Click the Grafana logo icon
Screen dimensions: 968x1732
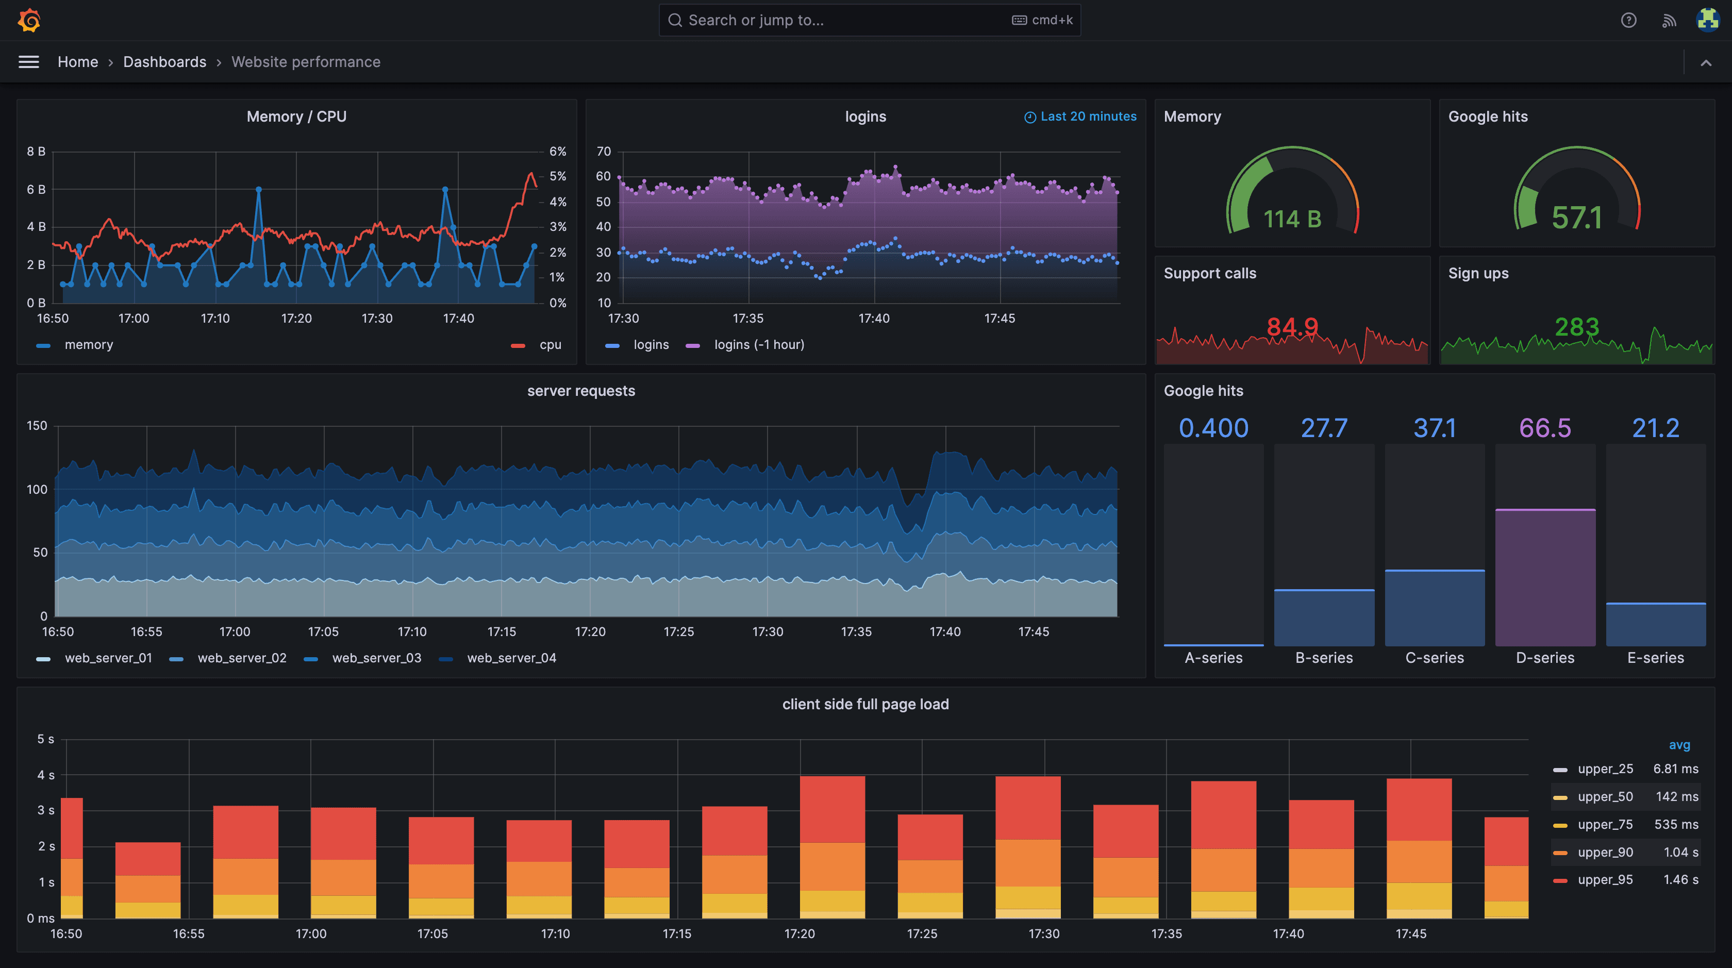coord(29,20)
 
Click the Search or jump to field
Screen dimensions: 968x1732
coord(840,20)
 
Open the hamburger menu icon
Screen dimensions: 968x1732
coord(28,62)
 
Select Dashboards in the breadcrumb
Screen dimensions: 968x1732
coord(165,62)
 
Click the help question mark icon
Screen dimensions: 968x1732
coord(1628,20)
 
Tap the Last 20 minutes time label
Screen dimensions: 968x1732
coord(1087,116)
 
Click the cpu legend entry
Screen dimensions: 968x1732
coord(549,345)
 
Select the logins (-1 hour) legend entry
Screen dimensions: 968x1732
coord(758,345)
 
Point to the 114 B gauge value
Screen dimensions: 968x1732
coord(1292,219)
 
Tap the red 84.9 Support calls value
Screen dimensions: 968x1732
coord(1292,327)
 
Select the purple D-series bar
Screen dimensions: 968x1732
coord(1544,578)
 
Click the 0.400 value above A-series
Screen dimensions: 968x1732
coord(1213,428)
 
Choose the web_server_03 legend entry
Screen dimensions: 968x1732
coord(376,658)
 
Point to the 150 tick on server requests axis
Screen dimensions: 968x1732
coord(37,426)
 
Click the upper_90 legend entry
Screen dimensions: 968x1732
coord(1605,853)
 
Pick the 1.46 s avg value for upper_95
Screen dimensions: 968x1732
coord(1680,880)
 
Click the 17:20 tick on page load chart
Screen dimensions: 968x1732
coord(799,933)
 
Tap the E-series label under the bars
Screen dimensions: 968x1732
coord(1655,658)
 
